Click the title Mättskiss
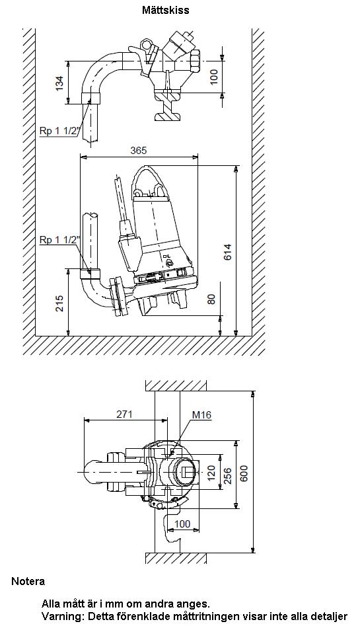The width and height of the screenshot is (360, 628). tap(166, 11)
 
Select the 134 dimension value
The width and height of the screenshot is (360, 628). tap(59, 83)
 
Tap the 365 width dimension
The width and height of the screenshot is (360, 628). tap(139, 150)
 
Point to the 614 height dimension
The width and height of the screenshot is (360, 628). tap(227, 252)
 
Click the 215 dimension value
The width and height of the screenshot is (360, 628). tap(59, 304)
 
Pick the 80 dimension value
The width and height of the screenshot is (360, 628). tap(211, 299)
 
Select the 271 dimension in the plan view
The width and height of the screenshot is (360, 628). tap(124, 414)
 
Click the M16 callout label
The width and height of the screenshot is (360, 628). tap(201, 415)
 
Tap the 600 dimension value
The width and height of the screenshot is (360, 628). tap(244, 473)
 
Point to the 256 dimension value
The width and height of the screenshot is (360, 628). tap(228, 476)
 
